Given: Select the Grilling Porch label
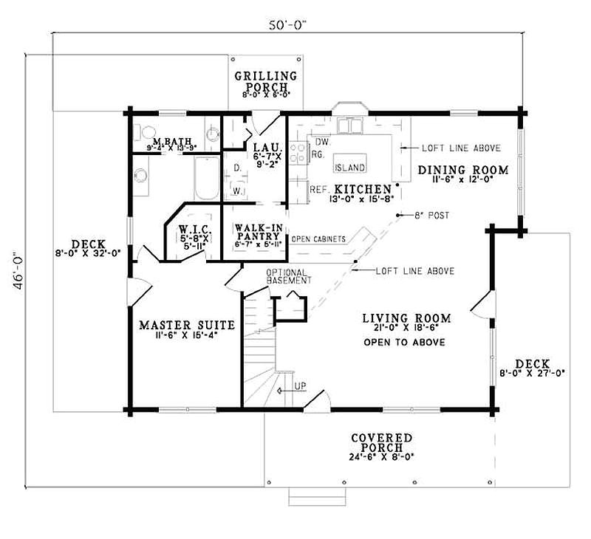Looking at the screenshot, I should [265, 80].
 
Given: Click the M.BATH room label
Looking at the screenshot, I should [168, 141].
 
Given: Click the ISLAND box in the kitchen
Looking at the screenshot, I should [350, 168].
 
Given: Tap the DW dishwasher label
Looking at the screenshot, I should [321, 141].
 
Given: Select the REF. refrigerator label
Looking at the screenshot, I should [318, 188].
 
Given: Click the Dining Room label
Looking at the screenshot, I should [463, 171].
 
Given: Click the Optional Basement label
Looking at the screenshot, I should [289, 276].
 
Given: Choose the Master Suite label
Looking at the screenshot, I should [187, 325].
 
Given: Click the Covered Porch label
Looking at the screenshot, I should [383, 442].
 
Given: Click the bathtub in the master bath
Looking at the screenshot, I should [206, 178].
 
